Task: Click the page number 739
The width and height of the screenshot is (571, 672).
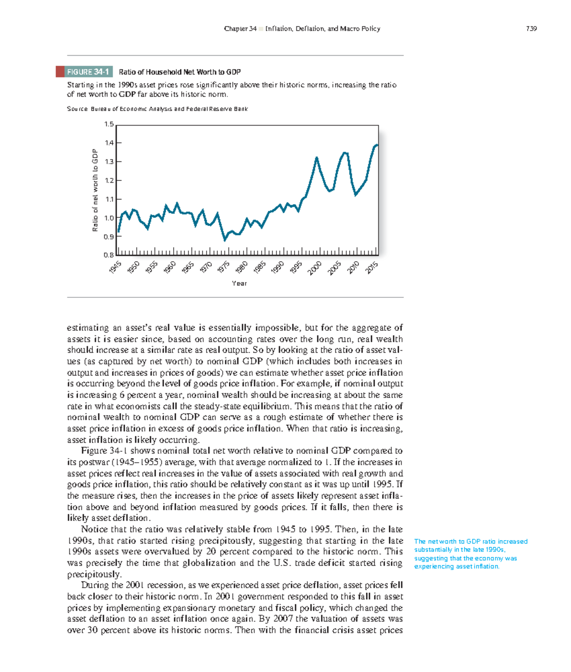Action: click(532, 29)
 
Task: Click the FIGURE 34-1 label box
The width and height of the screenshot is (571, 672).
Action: click(88, 72)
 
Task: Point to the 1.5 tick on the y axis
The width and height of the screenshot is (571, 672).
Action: click(109, 124)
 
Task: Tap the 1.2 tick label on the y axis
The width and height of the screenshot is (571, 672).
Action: click(109, 180)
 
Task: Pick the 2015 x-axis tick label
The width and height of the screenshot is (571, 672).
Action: click(372, 267)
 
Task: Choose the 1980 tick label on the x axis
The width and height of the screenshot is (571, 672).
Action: click(242, 267)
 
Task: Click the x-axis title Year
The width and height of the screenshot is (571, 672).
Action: click(239, 283)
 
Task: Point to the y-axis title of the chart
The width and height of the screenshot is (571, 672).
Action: click(95, 190)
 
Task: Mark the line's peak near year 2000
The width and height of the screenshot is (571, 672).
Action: click(316, 158)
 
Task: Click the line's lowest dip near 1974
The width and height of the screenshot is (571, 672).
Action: click(225, 240)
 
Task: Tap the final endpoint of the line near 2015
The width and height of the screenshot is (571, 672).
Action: click(377, 145)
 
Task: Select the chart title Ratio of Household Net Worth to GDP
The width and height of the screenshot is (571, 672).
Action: click(180, 72)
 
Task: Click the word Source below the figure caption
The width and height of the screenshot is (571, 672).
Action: click(77, 109)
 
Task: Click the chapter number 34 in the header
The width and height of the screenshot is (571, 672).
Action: click(253, 29)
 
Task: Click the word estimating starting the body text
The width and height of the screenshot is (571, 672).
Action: click(88, 328)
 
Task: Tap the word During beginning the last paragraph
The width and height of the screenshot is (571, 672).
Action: click(95, 585)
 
